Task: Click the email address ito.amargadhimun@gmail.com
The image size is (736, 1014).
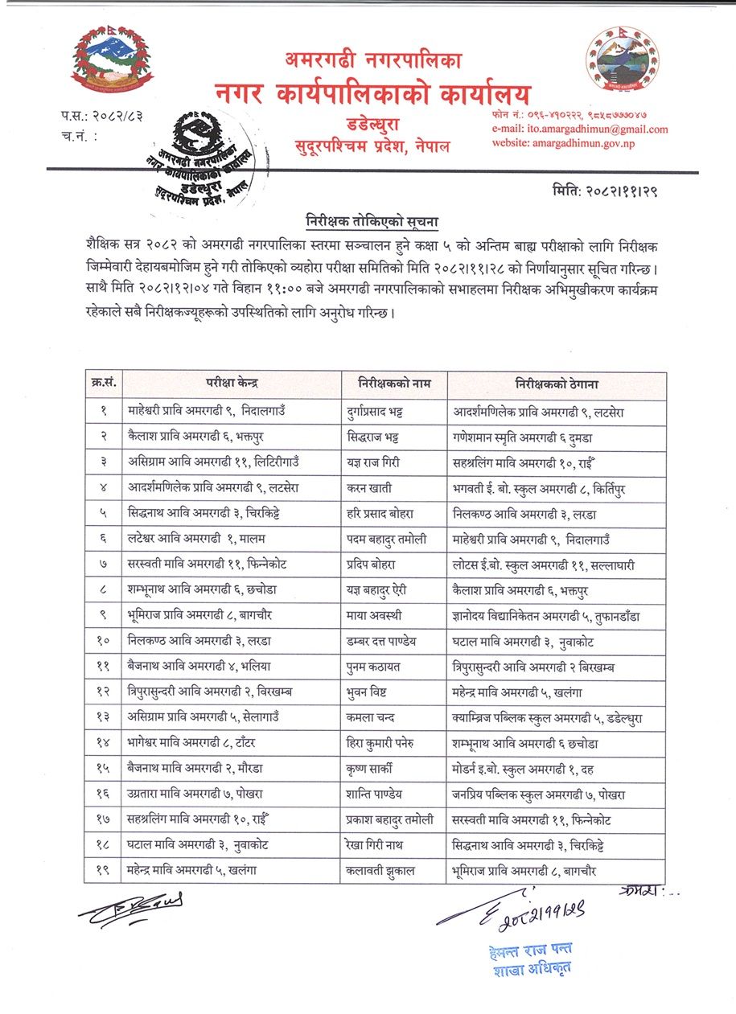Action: click(x=592, y=129)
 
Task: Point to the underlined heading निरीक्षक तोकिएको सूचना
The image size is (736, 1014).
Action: click(x=370, y=220)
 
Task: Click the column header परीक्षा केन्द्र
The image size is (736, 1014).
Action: click(x=231, y=384)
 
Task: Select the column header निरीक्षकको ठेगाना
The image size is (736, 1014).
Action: click(x=556, y=384)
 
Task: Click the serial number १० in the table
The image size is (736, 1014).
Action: click(x=103, y=642)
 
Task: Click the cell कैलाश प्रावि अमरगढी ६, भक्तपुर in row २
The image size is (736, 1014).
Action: click(x=201, y=437)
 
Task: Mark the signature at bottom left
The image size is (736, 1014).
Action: click(x=130, y=908)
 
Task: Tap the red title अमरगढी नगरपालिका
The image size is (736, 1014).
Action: click(x=372, y=60)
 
